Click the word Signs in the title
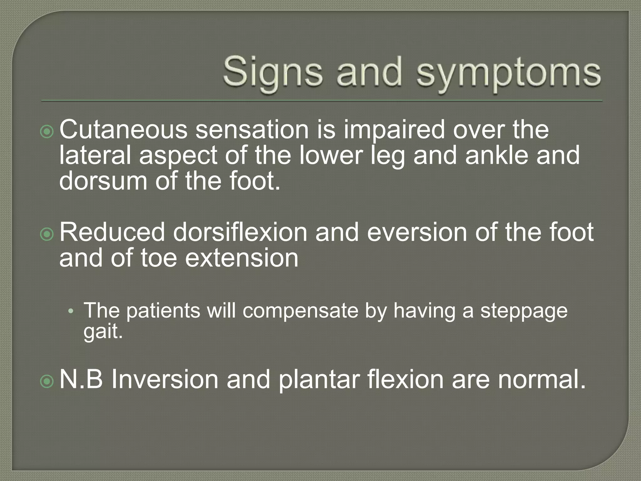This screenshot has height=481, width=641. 273,73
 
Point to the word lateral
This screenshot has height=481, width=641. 95,155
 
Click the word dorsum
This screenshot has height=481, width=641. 103,181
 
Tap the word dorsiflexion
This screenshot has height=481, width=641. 240,232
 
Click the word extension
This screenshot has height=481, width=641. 242,258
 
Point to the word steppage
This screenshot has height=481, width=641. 524,311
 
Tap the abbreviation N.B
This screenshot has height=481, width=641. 81,379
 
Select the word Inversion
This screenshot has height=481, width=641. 165,379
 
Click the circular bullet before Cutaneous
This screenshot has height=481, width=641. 47,132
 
